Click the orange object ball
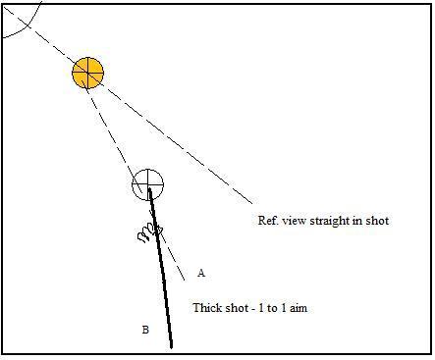point(87,73)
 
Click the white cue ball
point(148,183)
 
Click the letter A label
point(200,273)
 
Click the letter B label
point(144,330)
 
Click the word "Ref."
point(266,221)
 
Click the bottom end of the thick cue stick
point(171,345)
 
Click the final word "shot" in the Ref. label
point(377,221)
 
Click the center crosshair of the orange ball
point(87,73)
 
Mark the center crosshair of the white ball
point(148,183)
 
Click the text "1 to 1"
point(271,307)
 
